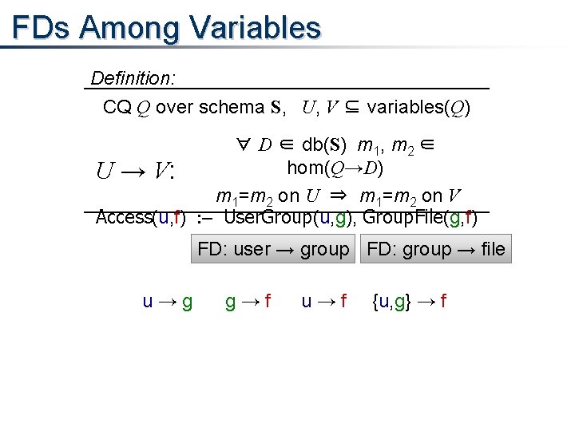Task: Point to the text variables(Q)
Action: coord(418,107)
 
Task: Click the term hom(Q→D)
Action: coord(335,168)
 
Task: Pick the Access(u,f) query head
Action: coord(141,217)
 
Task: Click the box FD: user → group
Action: coord(273,249)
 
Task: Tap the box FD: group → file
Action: coord(436,249)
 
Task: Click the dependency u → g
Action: coord(167,302)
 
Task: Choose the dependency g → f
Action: coord(248,302)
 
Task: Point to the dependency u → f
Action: coord(323,302)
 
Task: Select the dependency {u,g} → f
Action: coord(409,302)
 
